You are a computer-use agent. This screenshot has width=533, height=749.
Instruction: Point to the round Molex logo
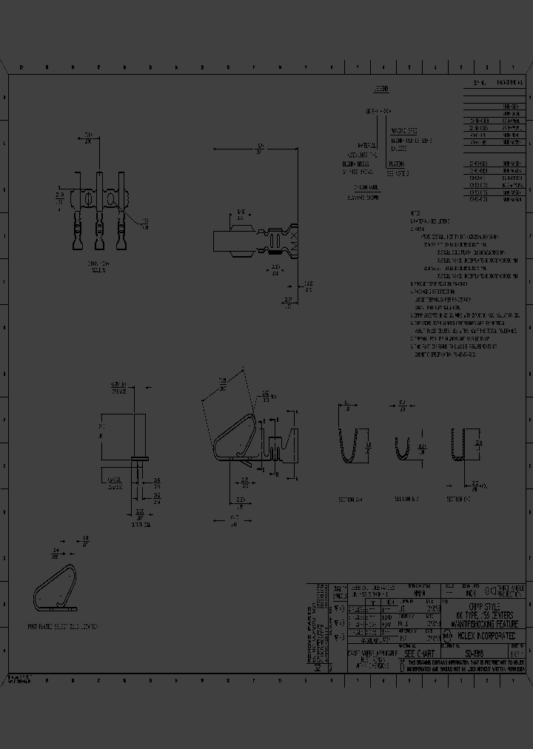(x=447, y=635)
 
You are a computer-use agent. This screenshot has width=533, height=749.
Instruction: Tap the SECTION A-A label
(x=351, y=500)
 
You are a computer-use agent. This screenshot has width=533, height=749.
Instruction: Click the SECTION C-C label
(x=460, y=500)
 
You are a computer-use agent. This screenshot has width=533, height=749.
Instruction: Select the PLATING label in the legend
(x=397, y=165)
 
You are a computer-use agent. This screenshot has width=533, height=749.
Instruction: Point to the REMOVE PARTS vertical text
(x=312, y=623)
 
